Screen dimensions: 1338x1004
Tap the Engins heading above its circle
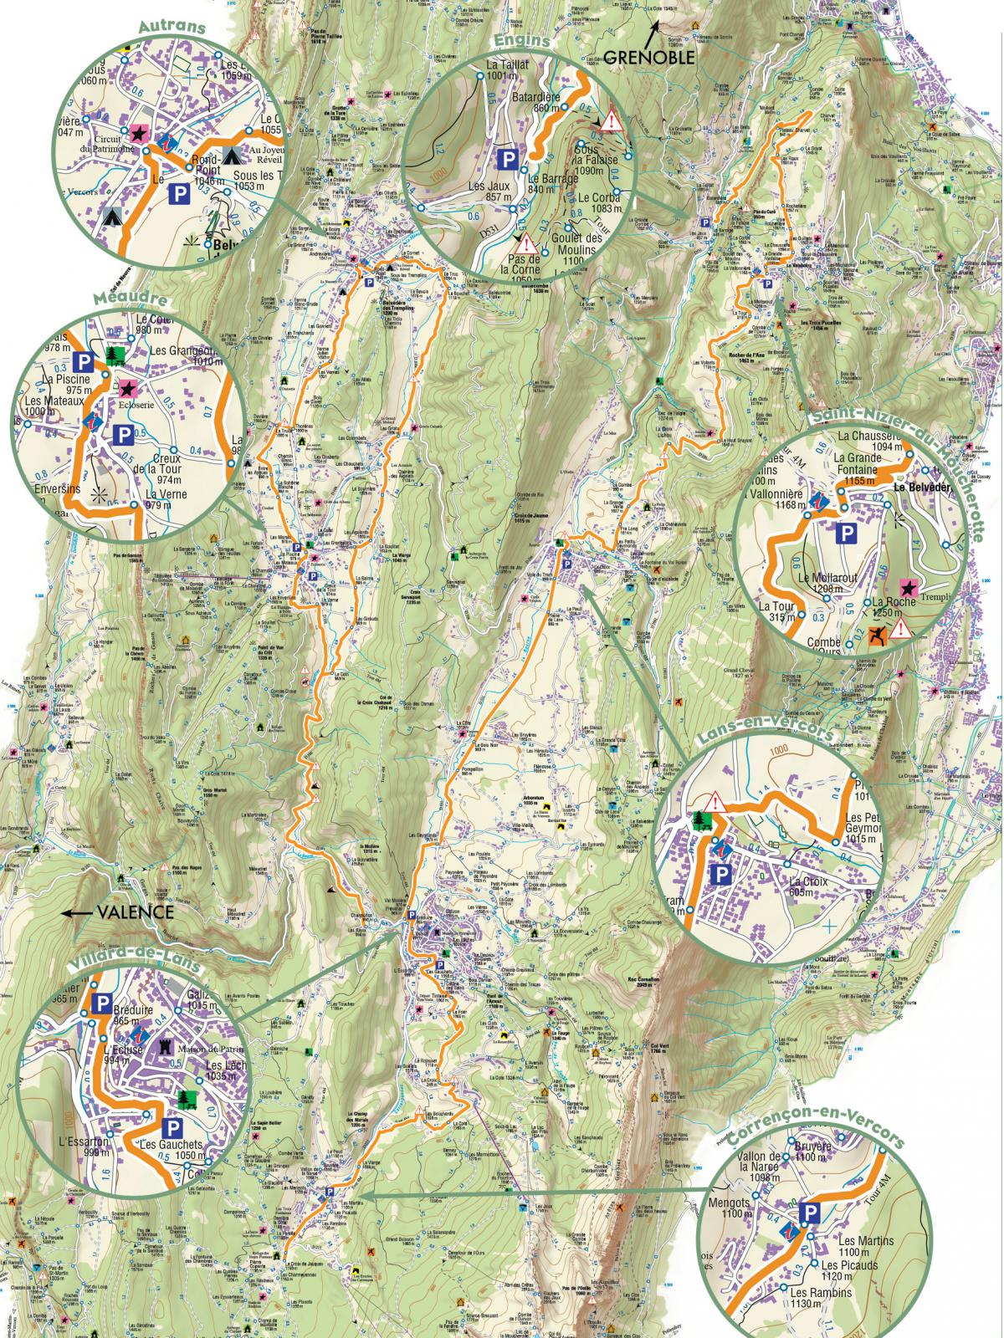(x=518, y=39)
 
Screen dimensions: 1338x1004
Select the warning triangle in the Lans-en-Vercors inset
(x=717, y=800)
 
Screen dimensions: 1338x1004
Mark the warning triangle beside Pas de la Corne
(x=526, y=244)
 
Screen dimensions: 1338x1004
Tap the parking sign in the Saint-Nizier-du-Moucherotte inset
(x=847, y=532)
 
